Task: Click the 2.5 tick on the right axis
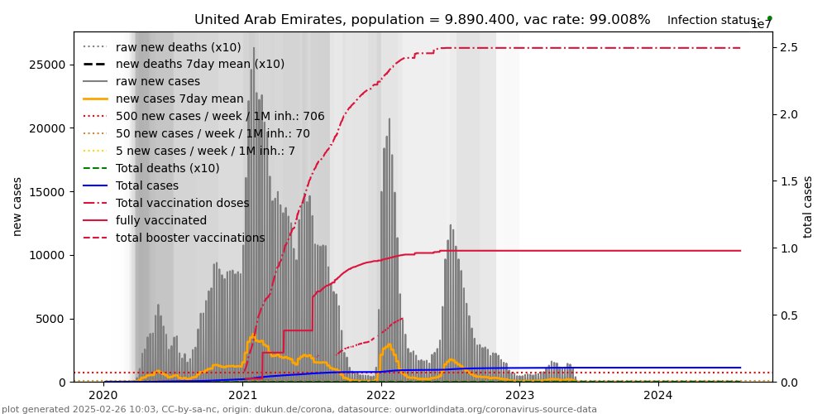[787, 47]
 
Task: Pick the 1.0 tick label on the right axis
[787, 248]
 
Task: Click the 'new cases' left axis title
[17, 206]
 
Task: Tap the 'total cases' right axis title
[808, 206]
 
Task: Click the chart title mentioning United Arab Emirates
[422, 20]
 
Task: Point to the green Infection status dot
[769, 18]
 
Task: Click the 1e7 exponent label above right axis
[761, 25]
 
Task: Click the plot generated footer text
[299, 409]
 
